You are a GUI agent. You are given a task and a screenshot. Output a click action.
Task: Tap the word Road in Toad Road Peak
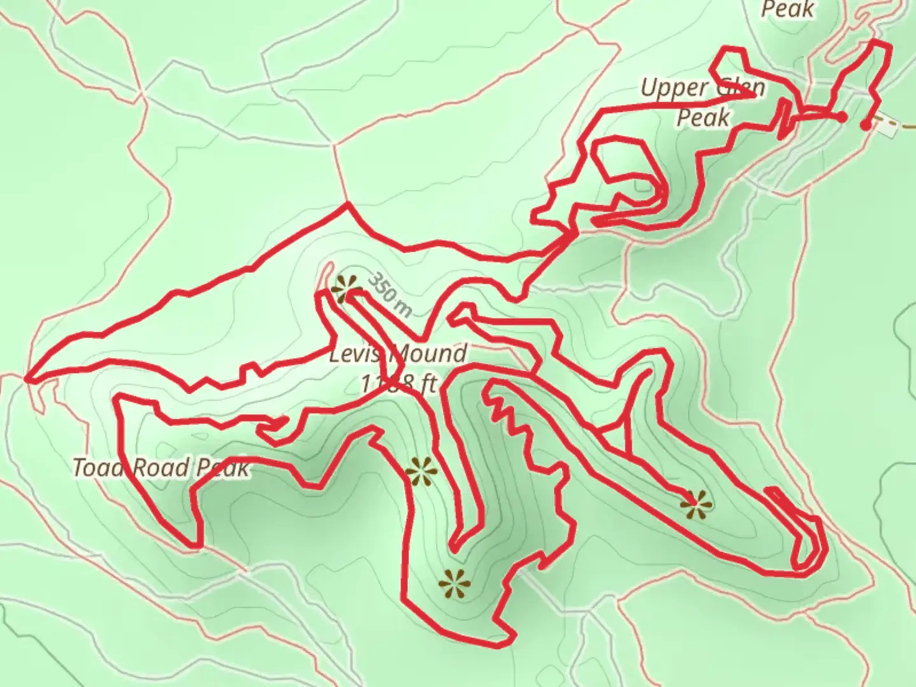[x=156, y=468]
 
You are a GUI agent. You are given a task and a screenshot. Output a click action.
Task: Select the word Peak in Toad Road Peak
[x=221, y=469]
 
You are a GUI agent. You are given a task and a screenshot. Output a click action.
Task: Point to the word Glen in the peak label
[x=741, y=88]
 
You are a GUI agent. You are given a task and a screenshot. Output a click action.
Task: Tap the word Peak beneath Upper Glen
[x=703, y=117]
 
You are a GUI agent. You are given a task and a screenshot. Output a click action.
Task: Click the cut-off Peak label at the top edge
[x=788, y=9]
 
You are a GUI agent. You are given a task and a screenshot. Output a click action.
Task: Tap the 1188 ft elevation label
[x=398, y=384]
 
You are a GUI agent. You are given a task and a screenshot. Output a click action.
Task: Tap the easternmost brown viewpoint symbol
[x=696, y=505]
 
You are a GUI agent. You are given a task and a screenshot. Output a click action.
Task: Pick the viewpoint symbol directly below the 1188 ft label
[x=421, y=471]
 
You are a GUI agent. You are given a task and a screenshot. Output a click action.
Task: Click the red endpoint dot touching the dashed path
[x=866, y=125]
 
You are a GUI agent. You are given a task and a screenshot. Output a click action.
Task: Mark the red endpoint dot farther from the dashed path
[x=841, y=117]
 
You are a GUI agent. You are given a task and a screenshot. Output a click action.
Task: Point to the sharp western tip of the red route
[x=27, y=380]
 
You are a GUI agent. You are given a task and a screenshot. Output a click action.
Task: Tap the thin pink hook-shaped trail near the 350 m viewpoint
[x=326, y=275]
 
